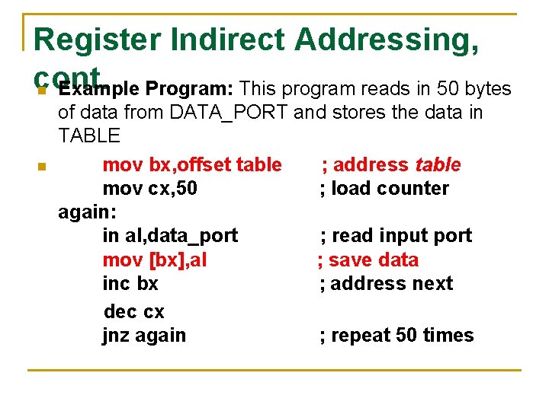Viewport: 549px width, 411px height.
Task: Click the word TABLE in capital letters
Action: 88,136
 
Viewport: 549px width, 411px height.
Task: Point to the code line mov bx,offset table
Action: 192,164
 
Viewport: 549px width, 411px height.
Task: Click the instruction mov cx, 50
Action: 149,188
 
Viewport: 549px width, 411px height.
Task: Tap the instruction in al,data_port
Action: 170,236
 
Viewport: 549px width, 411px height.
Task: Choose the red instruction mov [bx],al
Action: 155,260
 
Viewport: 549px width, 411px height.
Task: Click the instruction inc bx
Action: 130,283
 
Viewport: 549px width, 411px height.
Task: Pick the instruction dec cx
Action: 133,311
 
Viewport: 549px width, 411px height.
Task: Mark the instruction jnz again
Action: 144,335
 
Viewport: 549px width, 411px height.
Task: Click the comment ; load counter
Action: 384,188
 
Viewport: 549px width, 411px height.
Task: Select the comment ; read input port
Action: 396,236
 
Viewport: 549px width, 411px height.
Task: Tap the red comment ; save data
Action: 368,260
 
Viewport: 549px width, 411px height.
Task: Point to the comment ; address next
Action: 386,283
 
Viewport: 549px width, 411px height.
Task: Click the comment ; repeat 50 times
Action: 396,335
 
